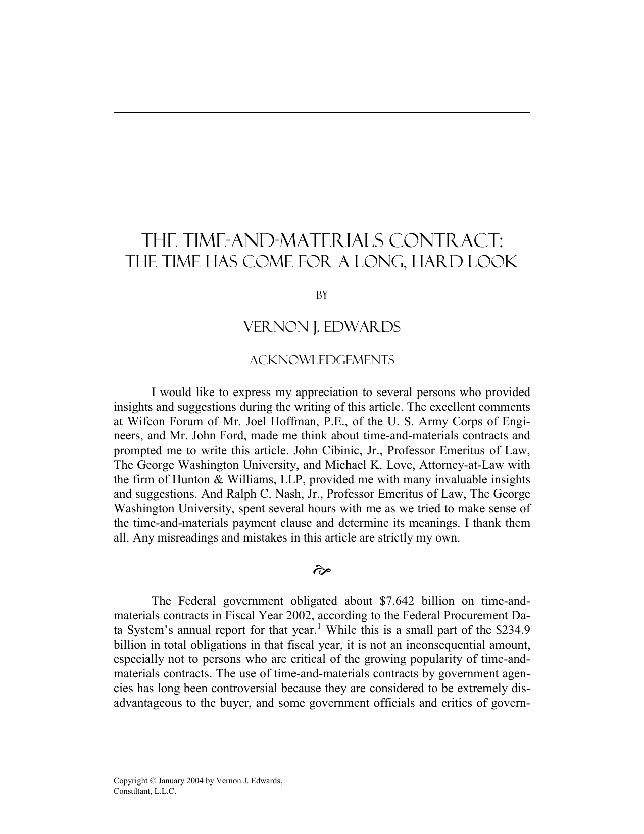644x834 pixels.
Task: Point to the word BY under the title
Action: (322, 296)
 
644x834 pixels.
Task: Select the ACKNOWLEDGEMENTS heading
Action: (322, 360)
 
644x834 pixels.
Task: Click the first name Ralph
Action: (279, 494)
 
